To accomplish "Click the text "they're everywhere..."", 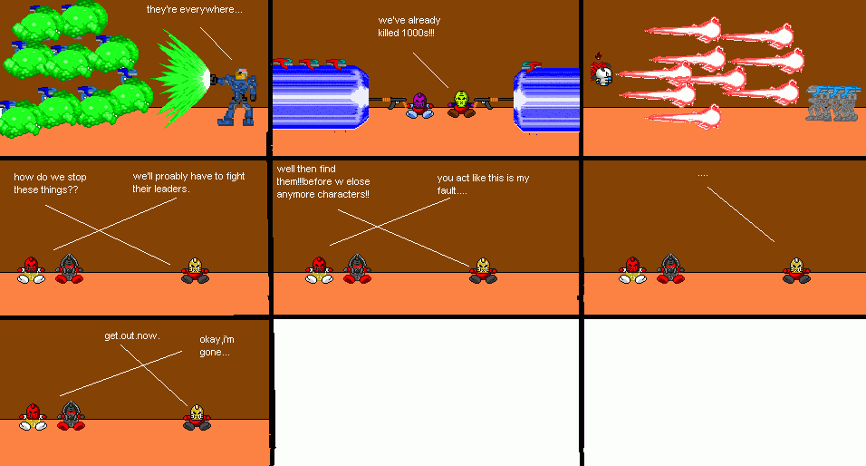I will (x=195, y=9).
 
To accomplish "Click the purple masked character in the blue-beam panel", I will (x=419, y=104).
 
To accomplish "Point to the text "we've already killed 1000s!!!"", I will (x=406, y=26).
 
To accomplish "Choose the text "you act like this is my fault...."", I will (x=482, y=184).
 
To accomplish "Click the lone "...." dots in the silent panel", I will (x=702, y=174).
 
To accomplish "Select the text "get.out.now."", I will (x=132, y=335).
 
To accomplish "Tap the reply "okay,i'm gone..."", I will (x=215, y=345).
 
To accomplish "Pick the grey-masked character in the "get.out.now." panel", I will (x=71, y=415).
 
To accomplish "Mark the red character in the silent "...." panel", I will (x=633, y=269).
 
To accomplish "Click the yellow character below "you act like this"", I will (x=483, y=270).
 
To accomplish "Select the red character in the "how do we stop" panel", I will (x=32, y=269).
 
